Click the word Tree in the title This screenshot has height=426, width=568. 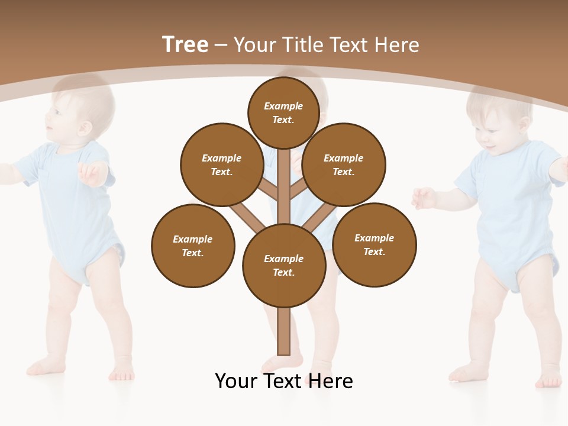click(185, 45)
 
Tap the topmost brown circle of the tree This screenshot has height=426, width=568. click(283, 112)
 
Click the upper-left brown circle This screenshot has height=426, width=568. click(222, 164)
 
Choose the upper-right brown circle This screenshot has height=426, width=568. click(344, 164)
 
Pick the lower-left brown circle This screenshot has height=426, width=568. click(193, 246)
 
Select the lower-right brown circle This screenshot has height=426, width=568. click(375, 244)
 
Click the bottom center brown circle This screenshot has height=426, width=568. click(284, 265)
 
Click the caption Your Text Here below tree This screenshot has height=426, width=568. click(284, 380)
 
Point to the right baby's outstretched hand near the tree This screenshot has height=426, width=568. click(424, 198)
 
